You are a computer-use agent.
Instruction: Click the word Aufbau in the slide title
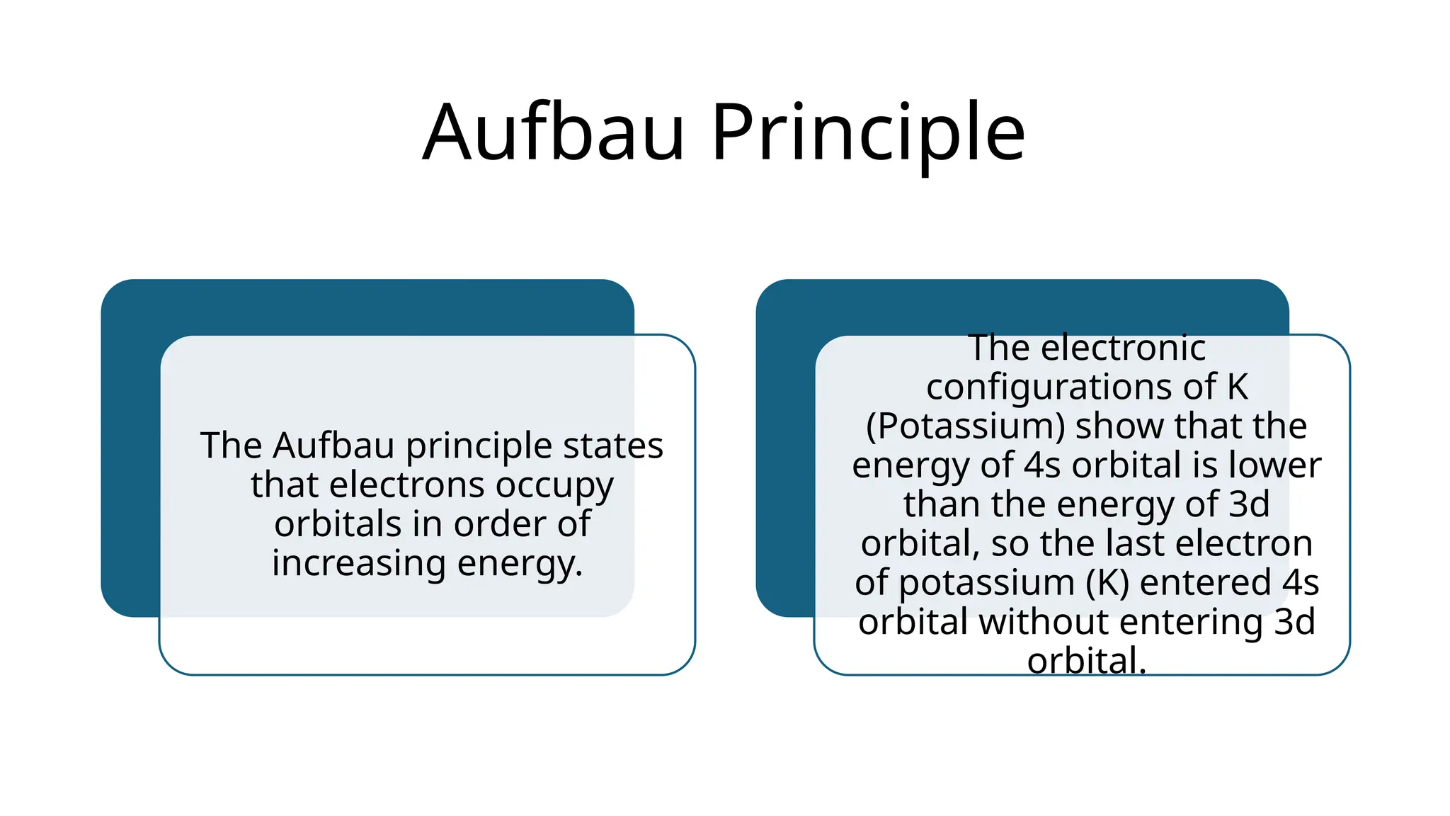click(554, 132)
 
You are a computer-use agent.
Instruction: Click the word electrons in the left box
click(407, 485)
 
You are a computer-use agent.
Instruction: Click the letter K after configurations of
click(1237, 387)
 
